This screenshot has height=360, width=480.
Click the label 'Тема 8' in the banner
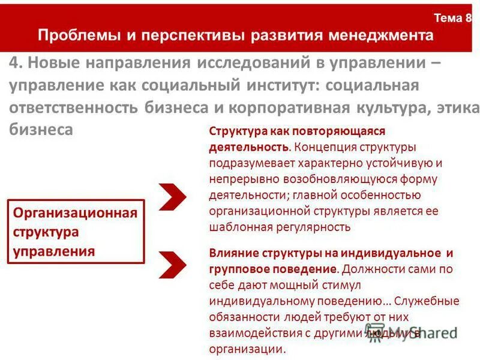tap(453, 19)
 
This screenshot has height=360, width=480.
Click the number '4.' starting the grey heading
tap(17, 62)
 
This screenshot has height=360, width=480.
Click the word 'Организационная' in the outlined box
tap(76, 213)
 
